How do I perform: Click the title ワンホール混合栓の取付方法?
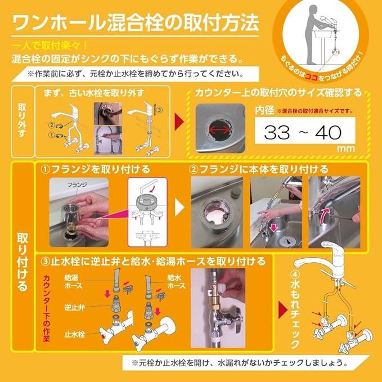(135, 23)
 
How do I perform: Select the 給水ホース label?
(177, 281)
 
